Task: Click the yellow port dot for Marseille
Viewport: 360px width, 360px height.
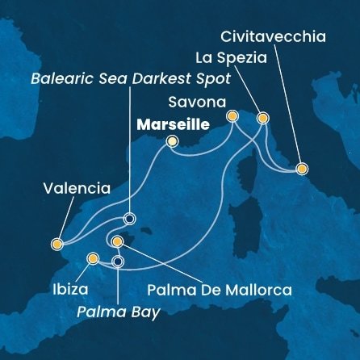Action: [171, 142]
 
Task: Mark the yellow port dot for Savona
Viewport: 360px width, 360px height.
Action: [232, 116]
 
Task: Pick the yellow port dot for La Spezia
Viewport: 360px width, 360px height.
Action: [262, 118]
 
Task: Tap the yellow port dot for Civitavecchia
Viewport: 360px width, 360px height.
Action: [301, 169]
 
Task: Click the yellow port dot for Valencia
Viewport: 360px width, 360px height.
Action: [57, 243]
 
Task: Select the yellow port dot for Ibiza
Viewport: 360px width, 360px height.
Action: [93, 259]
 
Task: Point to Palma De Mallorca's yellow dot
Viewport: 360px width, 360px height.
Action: [118, 241]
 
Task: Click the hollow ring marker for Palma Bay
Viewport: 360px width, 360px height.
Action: [118, 262]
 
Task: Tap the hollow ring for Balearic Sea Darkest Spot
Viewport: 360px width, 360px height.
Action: [128, 218]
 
